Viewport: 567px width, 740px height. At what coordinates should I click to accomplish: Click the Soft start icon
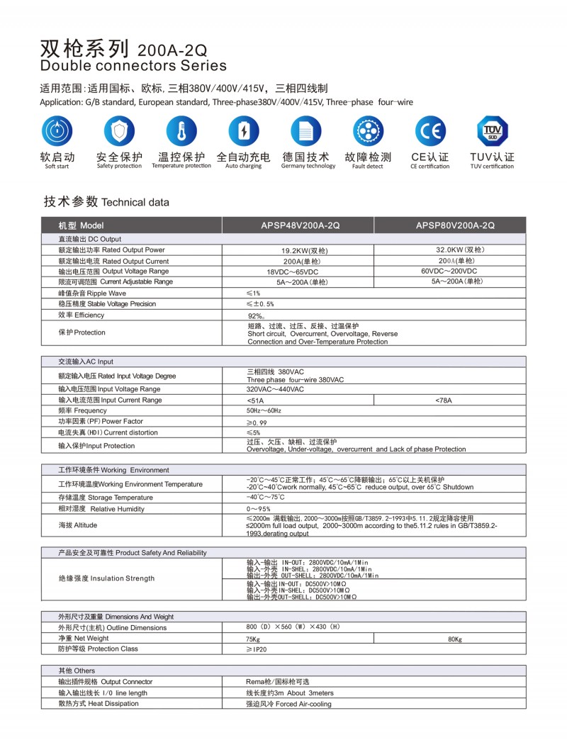point(57,133)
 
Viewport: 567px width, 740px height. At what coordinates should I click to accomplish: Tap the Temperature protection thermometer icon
point(181,133)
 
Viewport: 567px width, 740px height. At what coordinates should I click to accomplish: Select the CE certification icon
point(430,133)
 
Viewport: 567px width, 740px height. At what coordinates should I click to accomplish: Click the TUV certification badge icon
point(492,133)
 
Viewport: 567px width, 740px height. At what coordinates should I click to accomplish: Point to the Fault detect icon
point(368,133)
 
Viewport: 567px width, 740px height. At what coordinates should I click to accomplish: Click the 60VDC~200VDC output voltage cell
point(449,271)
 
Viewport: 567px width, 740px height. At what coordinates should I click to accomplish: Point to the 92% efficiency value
point(256,315)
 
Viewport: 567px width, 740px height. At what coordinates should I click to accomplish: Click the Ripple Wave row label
point(92,293)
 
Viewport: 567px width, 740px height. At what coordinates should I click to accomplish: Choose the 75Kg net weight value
point(253,639)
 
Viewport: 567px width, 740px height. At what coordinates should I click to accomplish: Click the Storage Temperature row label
point(95,498)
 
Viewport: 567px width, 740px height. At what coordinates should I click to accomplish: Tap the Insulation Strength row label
point(106,578)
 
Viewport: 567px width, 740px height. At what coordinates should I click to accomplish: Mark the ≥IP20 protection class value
point(257,649)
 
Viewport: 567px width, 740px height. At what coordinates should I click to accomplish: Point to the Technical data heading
point(106,202)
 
